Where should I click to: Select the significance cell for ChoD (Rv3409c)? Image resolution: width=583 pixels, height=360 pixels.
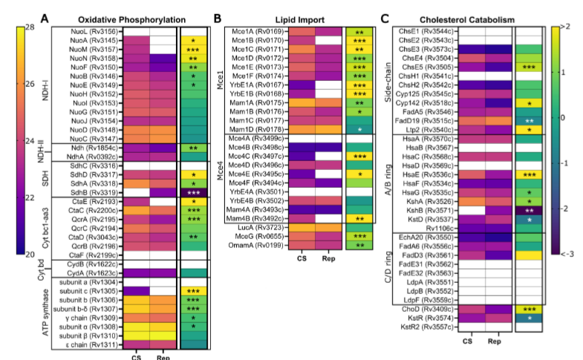tap(530, 308)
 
